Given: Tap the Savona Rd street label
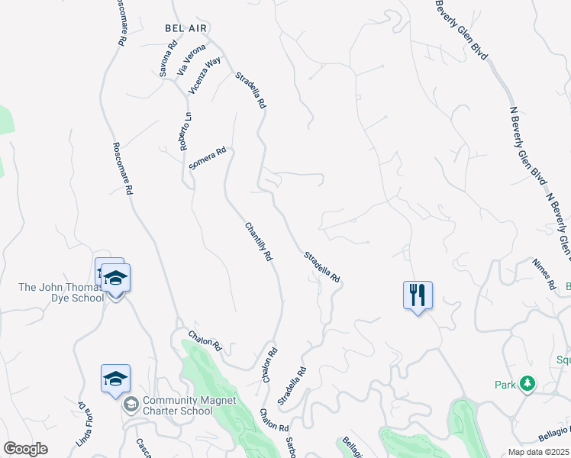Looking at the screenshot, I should click(x=169, y=58).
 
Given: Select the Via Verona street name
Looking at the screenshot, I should click(x=192, y=60).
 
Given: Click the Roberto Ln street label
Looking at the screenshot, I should click(x=187, y=131).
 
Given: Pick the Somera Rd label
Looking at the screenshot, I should click(x=208, y=158).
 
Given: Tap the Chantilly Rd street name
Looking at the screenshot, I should click(x=259, y=242).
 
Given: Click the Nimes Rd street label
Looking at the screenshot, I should click(x=544, y=273).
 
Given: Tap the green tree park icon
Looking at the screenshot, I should click(x=527, y=384).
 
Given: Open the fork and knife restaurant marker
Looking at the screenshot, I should click(x=418, y=295).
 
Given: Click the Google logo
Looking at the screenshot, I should click(x=25, y=449).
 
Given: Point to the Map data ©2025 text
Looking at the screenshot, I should click(x=539, y=452).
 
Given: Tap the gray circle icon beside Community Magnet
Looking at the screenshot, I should click(x=131, y=404).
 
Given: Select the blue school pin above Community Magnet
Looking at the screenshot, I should click(x=115, y=379).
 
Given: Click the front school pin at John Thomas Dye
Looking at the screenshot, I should click(x=115, y=279).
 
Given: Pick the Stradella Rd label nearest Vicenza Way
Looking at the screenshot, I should click(x=250, y=89).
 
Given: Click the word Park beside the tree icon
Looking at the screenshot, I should click(x=505, y=385).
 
